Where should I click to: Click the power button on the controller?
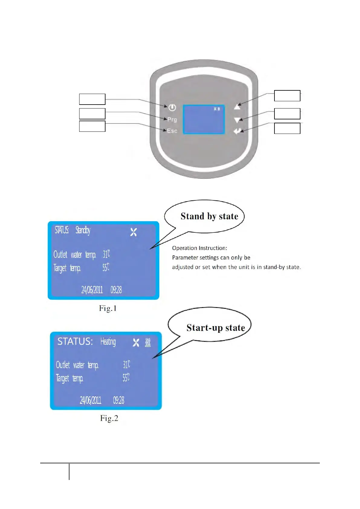tap(172, 107)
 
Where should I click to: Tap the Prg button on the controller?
tap(172, 119)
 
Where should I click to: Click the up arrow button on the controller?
tap(237, 106)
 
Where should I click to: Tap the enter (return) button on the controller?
tap(238, 131)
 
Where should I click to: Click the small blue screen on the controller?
tap(204, 119)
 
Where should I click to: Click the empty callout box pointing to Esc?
tap(92, 126)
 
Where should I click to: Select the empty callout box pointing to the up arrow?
tap(287, 96)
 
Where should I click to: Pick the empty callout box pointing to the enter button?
tap(287, 128)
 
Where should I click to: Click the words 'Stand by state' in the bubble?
tap(209, 216)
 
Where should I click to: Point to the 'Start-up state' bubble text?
tap(216, 328)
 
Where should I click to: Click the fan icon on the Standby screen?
tap(134, 232)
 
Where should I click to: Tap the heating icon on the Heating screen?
tap(148, 342)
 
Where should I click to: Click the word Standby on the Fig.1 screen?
tap(83, 230)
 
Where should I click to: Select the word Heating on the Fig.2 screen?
tap(108, 342)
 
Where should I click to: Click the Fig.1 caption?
tap(108, 308)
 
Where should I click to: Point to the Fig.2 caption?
tap(109, 418)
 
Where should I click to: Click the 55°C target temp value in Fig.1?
tap(106, 267)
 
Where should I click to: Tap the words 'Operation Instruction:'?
tap(199, 248)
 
